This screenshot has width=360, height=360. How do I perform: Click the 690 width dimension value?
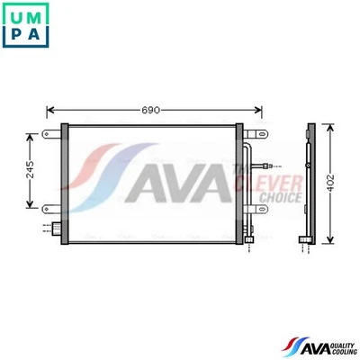pos(150,110)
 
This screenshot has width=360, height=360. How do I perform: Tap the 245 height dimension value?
pos(30,169)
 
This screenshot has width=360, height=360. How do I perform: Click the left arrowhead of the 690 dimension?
pos(50,110)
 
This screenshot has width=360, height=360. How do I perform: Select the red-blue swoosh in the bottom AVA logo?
pos(290,346)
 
